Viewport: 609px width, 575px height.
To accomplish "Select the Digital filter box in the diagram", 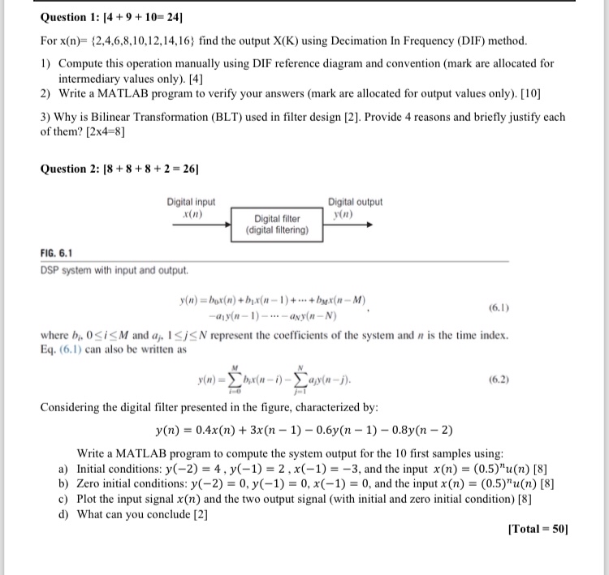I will click(277, 224).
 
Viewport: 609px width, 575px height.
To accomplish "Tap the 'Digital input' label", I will click(191, 202).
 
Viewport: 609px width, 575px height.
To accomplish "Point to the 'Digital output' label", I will click(355, 202).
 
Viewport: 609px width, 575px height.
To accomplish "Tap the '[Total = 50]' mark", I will click(537, 530).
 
